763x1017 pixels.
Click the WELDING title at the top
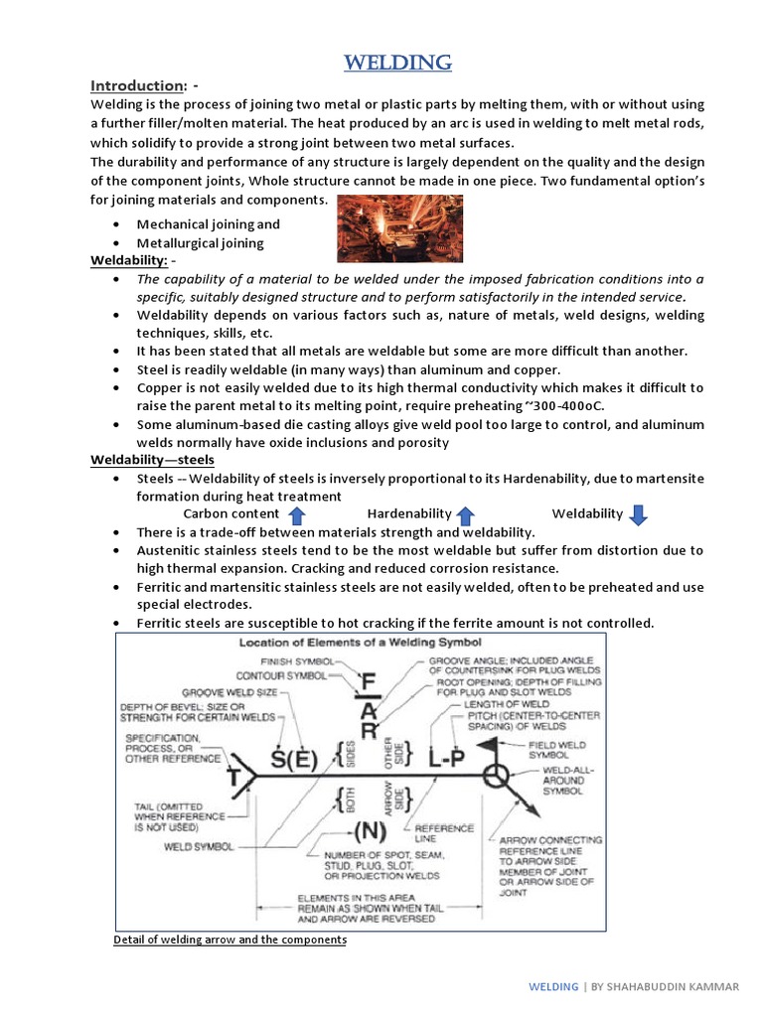(x=399, y=64)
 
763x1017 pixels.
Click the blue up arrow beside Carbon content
(x=295, y=514)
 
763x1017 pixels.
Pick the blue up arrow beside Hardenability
(x=465, y=514)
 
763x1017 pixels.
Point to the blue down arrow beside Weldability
(x=639, y=514)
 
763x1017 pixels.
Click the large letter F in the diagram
(x=368, y=684)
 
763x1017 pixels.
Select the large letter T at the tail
(x=234, y=777)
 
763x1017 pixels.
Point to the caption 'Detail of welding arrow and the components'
(x=229, y=939)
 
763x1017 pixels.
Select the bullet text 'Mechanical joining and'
(x=208, y=224)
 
